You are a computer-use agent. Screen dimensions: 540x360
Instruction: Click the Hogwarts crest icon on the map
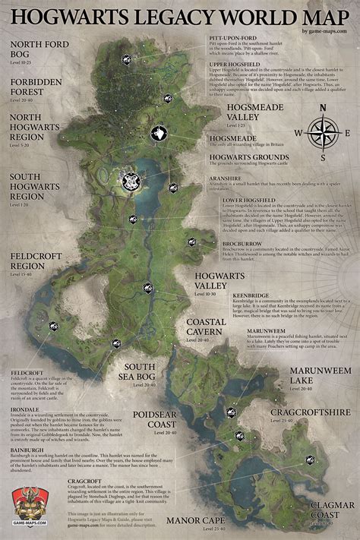131,181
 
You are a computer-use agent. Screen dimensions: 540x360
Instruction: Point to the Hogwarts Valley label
219,280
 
